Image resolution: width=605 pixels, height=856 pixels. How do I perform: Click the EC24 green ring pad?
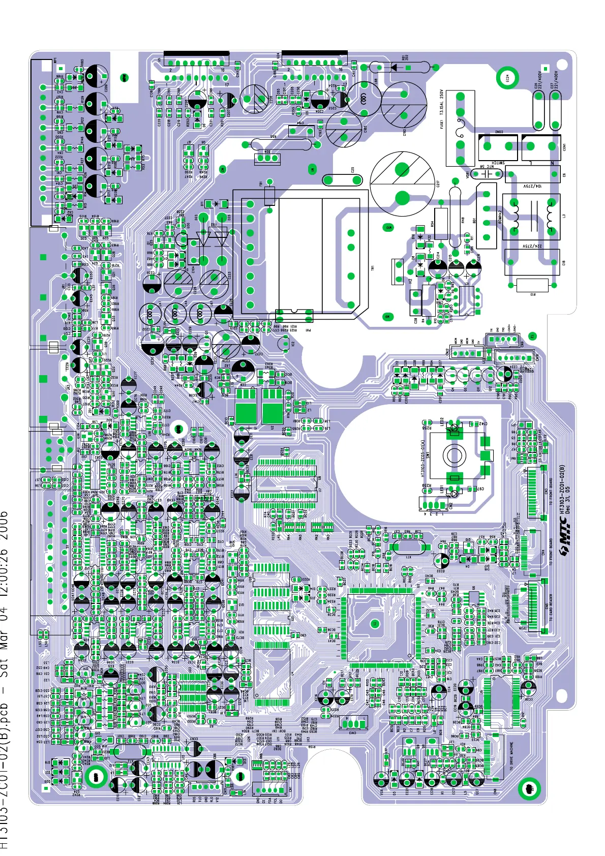(x=506, y=78)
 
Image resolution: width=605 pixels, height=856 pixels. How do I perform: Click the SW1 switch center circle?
(x=454, y=455)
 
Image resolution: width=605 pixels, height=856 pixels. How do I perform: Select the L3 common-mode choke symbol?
(x=532, y=217)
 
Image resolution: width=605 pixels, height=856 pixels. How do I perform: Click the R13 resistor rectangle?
(x=532, y=286)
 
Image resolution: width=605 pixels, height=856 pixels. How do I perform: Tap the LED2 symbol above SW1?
(x=455, y=433)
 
